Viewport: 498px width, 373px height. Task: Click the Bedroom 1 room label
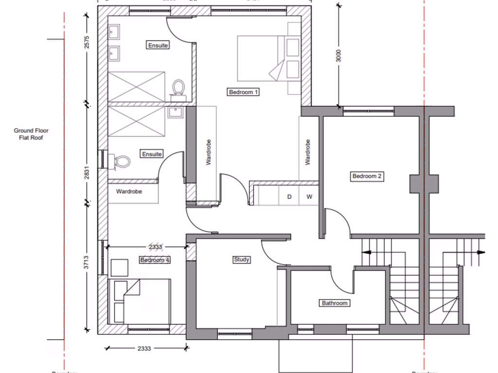click(x=243, y=92)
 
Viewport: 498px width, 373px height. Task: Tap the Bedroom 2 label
click(x=367, y=176)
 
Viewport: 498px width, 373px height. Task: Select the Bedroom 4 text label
click(x=155, y=260)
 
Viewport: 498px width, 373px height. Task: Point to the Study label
click(x=241, y=259)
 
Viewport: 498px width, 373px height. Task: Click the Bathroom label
click(x=335, y=303)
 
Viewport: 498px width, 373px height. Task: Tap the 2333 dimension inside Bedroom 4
click(x=155, y=247)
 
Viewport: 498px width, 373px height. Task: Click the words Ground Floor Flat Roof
click(x=31, y=134)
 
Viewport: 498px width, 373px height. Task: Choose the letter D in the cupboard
click(x=289, y=197)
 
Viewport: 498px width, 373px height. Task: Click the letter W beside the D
click(x=309, y=197)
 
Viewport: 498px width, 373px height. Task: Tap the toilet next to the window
click(x=120, y=161)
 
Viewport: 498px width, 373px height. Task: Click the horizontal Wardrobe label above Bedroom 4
click(x=129, y=191)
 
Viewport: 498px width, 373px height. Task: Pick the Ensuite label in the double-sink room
click(x=158, y=45)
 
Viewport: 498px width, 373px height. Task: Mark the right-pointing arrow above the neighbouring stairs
click(x=480, y=253)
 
